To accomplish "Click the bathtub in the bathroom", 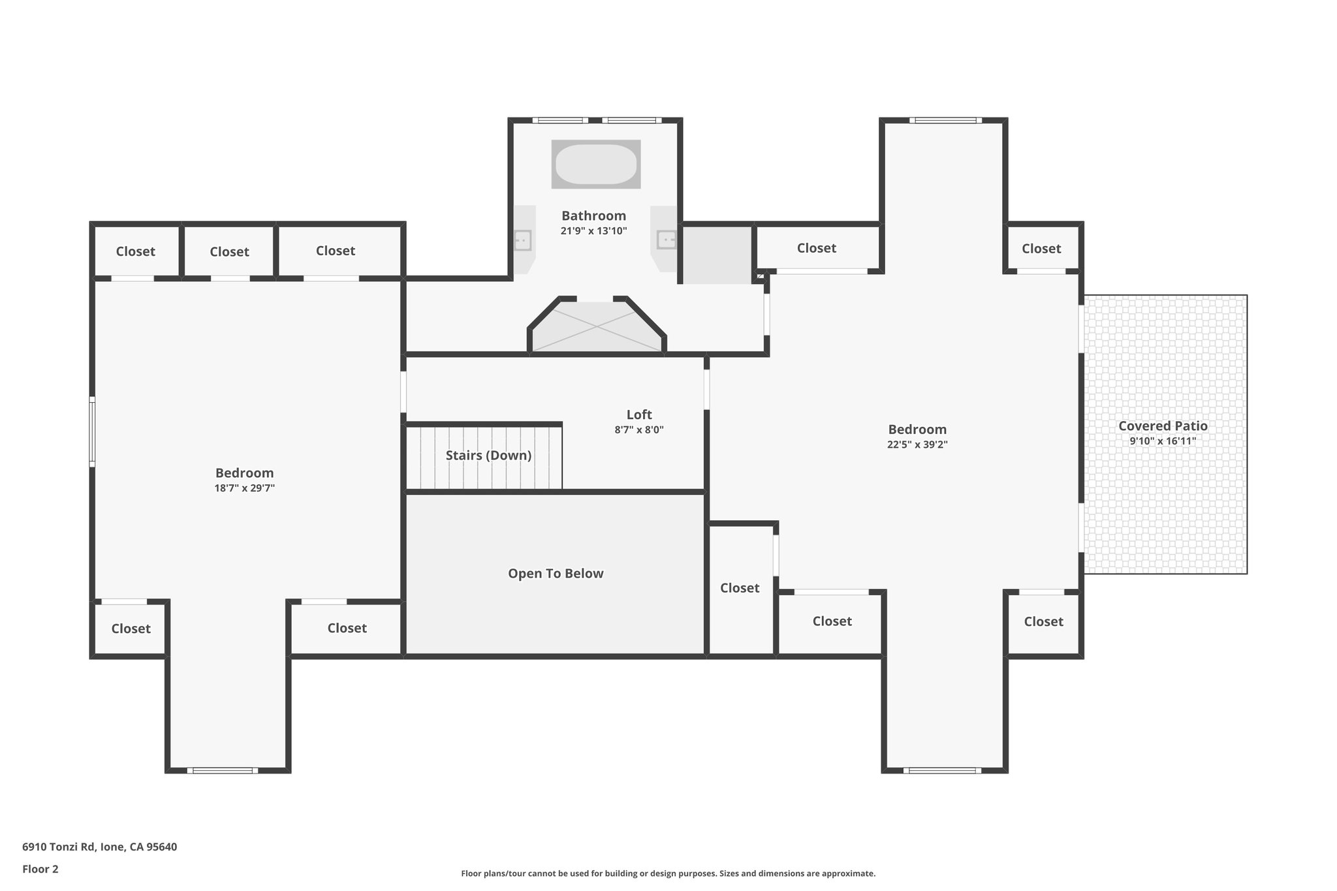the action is coord(595,164).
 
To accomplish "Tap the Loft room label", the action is coord(639,414).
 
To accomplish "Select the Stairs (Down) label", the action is coord(488,456).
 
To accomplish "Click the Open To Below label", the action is coord(556,573).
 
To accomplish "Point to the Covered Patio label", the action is coord(1163,426).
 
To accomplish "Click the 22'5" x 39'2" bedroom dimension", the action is coord(917,445).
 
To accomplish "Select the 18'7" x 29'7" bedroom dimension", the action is coord(245,488).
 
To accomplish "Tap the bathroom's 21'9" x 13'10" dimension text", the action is coord(593,231).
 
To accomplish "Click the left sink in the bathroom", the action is coord(522,240).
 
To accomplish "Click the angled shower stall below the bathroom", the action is coord(597,326).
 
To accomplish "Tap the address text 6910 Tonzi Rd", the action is coord(58,847).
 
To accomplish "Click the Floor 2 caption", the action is coord(40,869).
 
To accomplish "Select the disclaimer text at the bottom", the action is coord(668,873).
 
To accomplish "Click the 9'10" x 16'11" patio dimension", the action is coord(1163,441).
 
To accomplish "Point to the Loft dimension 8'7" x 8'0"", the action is coord(639,430).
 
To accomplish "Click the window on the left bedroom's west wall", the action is coord(92,431).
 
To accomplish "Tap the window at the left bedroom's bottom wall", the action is coord(223,770).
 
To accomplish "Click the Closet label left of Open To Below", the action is coord(347,628).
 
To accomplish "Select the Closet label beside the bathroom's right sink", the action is coord(817,248).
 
